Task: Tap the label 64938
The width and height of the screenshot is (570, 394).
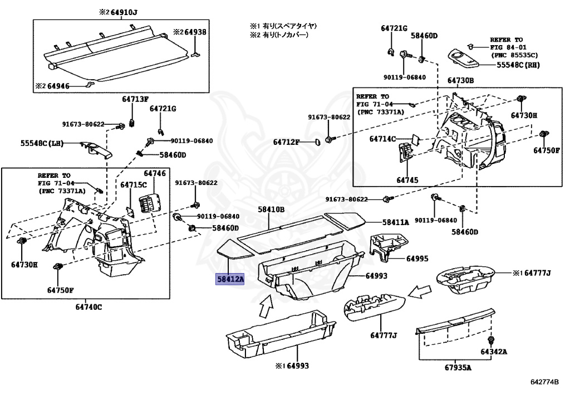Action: click(x=195, y=32)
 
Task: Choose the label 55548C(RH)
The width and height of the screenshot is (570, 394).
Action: click(x=519, y=65)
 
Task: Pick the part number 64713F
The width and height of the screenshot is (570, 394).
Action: click(x=136, y=99)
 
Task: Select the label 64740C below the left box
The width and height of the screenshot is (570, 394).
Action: click(x=89, y=307)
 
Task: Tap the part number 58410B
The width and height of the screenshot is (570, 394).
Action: click(x=271, y=209)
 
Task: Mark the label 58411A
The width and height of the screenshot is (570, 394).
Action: click(x=395, y=222)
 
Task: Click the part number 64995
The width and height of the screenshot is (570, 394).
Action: click(x=417, y=259)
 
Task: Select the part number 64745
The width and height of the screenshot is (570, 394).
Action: click(x=407, y=180)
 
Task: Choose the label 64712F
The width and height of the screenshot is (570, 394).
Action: click(x=286, y=143)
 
